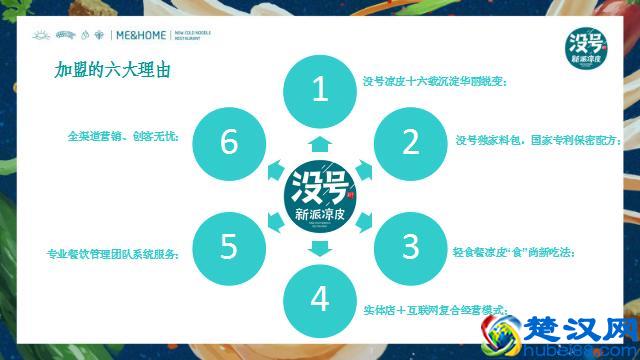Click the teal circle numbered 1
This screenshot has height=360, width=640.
tap(320, 90)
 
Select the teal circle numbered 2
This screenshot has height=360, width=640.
tap(411, 141)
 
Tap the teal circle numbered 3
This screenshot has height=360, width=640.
tap(411, 244)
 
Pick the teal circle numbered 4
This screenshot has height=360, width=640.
tap(320, 298)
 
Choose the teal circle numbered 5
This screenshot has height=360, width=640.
tap(229, 244)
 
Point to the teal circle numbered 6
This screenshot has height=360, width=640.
tap(229, 141)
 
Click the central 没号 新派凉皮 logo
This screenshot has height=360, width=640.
tap(320, 194)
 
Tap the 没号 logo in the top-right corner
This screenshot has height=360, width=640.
tap(589, 46)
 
